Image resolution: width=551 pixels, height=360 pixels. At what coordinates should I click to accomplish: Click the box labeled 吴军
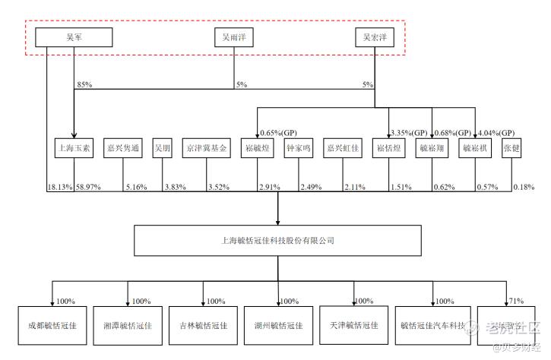(x=74, y=36)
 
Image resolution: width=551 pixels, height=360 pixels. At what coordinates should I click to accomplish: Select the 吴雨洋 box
(x=233, y=36)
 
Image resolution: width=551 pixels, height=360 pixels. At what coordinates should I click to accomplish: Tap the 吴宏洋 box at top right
(x=375, y=36)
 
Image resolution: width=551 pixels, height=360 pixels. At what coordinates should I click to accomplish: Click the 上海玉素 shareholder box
(x=73, y=149)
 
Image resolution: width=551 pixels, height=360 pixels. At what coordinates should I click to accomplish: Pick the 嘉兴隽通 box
(x=124, y=149)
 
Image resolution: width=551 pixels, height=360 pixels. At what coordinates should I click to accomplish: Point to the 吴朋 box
(x=163, y=149)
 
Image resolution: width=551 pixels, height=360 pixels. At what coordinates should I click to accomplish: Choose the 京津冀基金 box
(x=206, y=149)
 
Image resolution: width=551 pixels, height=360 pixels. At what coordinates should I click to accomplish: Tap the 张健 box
(x=511, y=149)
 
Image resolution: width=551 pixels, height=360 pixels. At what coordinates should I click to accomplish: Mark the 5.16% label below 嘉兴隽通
(x=135, y=186)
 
